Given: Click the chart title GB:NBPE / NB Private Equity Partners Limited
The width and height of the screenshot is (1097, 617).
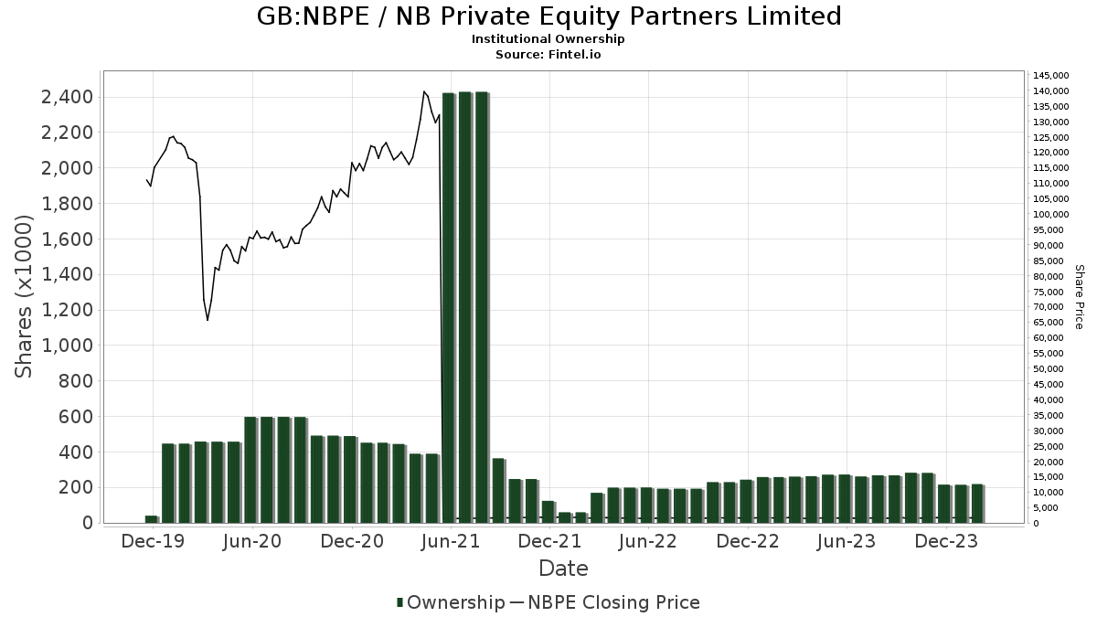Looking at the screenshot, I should click(548, 16).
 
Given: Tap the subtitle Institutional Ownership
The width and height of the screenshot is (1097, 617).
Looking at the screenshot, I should click(548, 39).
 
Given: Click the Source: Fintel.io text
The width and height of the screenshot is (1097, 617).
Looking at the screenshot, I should click(548, 55).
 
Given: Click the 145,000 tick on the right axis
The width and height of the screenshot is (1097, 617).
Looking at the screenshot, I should click(1048, 75).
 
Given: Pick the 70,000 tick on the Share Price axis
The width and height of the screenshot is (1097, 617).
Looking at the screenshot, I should click(1046, 307).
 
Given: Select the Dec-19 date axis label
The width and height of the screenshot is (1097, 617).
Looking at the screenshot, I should click(152, 542).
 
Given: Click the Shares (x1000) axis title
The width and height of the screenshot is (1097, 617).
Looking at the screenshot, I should click(24, 296).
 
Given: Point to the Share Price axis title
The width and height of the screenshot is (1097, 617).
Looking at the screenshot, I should click(1079, 296).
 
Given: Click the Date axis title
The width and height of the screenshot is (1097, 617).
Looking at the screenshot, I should click(563, 569).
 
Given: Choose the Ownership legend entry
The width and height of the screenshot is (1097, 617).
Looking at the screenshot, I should click(451, 602).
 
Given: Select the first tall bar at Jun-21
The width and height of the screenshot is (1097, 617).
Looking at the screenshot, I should click(448, 307).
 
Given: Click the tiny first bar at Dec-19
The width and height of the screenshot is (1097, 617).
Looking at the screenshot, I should click(151, 519).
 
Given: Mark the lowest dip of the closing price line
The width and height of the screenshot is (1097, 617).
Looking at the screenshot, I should click(208, 320).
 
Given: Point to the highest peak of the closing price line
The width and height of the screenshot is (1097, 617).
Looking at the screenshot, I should click(423, 91).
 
